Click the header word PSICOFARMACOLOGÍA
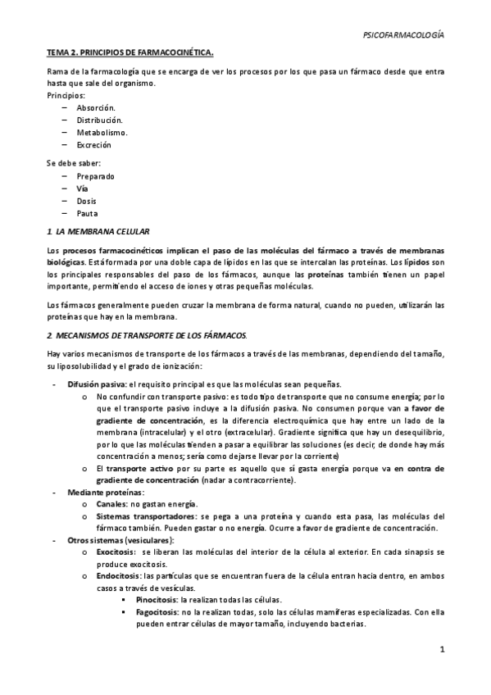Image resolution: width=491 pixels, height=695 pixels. click(x=403, y=35)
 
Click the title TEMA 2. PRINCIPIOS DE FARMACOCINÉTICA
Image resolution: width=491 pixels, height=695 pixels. click(x=130, y=54)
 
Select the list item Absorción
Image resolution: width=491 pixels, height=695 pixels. click(x=96, y=108)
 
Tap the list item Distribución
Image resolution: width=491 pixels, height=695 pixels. click(x=99, y=120)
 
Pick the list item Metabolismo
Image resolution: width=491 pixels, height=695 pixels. click(x=102, y=133)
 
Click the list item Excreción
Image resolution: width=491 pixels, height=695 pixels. click(x=93, y=145)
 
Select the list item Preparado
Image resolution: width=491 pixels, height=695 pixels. click(x=95, y=176)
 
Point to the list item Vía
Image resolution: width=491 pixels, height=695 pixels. click(x=82, y=189)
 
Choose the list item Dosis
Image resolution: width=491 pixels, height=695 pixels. click(x=86, y=201)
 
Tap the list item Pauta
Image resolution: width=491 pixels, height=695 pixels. click(x=86, y=213)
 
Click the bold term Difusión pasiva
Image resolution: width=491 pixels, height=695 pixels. click(x=96, y=384)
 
